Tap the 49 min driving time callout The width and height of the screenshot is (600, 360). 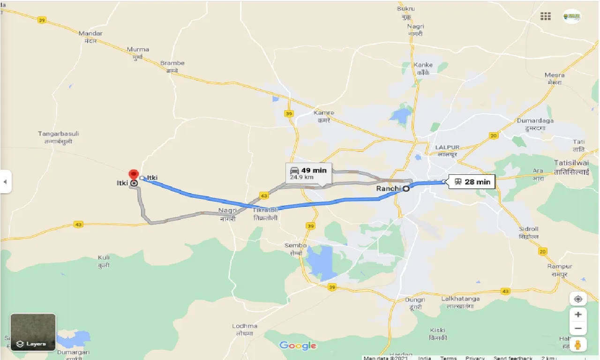(308, 173)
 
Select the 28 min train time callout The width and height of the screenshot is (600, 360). (472, 182)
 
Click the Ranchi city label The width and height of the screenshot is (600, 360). (388, 188)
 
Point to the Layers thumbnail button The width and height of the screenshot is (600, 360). (33, 332)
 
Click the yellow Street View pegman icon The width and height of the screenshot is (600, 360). (578, 345)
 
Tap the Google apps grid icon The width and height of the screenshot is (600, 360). (546, 16)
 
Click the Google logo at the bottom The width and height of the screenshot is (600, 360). (298, 346)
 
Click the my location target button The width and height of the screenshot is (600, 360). (578, 299)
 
